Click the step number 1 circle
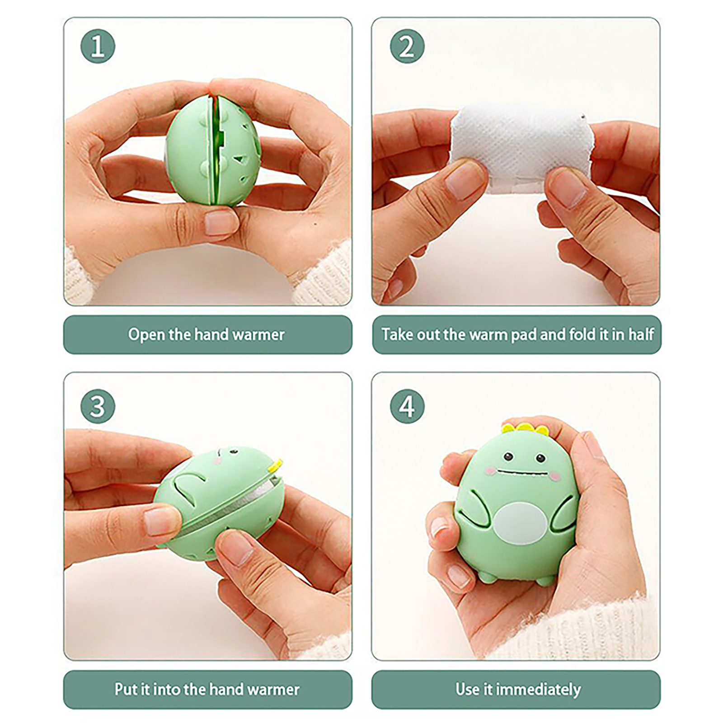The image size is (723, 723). coord(98,46)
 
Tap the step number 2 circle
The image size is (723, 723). coord(407,46)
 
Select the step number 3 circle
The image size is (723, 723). coord(98,406)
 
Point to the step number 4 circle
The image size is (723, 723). coord(407,406)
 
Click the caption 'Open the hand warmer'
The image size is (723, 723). coord(207,335)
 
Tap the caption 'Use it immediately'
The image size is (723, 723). coord(518,690)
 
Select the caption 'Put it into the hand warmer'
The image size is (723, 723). coord(207,690)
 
